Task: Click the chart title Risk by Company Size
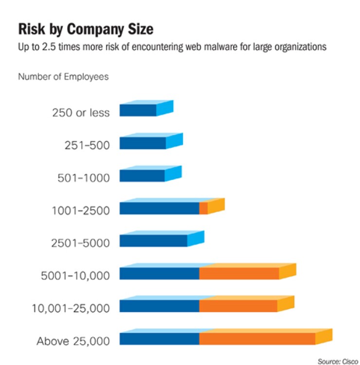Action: pos(86,29)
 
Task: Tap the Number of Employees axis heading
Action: pos(63,76)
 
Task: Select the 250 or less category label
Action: pos(81,113)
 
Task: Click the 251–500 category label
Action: pos(87,145)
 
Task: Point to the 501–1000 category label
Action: pos(84,177)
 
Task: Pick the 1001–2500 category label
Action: pos(80,210)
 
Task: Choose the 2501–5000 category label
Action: pos(80,243)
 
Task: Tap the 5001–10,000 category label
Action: pos(76,276)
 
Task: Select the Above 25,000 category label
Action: pos(73,341)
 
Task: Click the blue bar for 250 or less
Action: pos(138,110)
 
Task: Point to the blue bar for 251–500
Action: pos(143,142)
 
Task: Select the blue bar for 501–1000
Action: pos(142,175)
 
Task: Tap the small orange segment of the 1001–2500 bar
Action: pos(204,208)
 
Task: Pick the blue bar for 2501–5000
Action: pos(153,241)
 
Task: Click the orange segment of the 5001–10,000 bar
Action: pos(239,273)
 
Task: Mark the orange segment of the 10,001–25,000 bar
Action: pos(238,306)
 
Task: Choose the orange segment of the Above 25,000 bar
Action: pos(257,339)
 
